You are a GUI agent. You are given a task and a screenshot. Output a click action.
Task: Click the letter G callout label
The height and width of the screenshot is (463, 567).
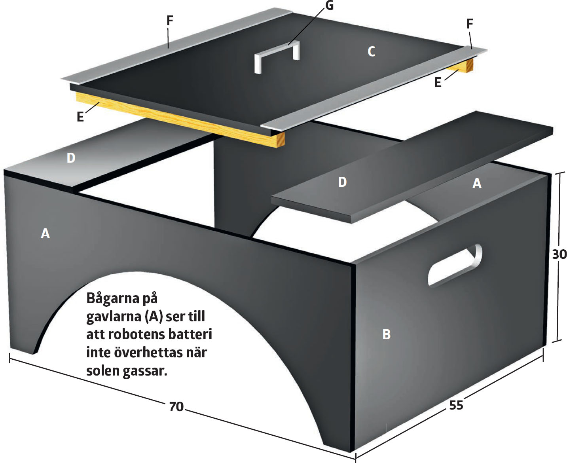click(x=329, y=6)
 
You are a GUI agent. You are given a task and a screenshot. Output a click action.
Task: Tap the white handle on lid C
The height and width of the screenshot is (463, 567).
click(x=276, y=55)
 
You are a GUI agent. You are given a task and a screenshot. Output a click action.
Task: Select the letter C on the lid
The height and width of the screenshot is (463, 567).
click(x=371, y=51)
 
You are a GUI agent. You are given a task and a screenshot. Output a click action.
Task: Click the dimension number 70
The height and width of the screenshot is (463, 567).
click(x=176, y=406)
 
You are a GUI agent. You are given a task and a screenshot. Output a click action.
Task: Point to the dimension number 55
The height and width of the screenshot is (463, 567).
click(x=456, y=405)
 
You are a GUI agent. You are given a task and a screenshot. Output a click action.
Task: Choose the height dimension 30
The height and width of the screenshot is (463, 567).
click(x=559, y=254)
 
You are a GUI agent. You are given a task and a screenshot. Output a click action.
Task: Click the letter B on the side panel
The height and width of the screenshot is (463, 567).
click(x=387, y=334)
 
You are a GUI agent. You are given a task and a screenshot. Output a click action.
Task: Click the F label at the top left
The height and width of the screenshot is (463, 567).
click(x=170, y=21)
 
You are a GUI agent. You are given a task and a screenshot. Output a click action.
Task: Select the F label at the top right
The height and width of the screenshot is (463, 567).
click(x=470, y=24)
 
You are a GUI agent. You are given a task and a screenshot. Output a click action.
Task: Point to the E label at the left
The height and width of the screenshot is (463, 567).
click(x=80, y=117)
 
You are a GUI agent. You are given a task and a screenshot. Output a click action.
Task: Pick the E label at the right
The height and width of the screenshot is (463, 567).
click(x=438, y=82)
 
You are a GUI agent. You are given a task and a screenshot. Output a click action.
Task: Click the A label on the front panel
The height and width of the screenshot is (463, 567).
click(x=46, y=233)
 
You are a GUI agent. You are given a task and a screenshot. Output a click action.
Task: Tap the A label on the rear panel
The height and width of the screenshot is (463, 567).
click(x=477, y=183)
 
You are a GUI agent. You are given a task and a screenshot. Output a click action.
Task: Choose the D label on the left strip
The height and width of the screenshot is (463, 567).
click(x=71, y=158)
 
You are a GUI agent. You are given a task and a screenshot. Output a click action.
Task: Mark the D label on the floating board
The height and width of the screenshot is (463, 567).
click(x=342, y=182)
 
